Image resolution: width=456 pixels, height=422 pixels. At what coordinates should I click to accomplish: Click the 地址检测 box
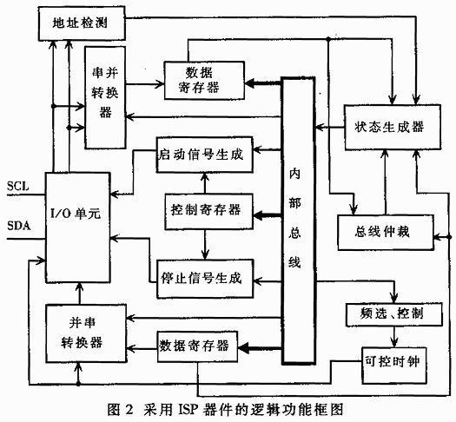(x=82, y=23)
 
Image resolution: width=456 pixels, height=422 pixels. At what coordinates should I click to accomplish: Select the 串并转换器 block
(x=105, y=97)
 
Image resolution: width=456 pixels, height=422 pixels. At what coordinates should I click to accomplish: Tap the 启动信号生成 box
(x=204, y=155)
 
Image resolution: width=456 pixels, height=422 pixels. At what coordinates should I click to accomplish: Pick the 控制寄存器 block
(x=208, y=211)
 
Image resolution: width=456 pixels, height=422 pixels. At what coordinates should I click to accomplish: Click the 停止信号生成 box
(x=205, y=279)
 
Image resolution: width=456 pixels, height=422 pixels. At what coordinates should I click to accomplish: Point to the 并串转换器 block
(x=86, y=333)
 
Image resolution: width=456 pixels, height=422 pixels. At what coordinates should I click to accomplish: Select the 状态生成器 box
(x=393, y=128)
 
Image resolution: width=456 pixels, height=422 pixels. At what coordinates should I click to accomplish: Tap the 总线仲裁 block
(x=386, y=232)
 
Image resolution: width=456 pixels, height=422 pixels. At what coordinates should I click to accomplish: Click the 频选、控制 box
(x=394, y=314)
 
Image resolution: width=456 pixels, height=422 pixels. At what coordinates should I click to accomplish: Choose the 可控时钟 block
(x=394, y=365)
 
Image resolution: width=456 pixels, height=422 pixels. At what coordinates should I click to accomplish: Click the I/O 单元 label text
(x=76, y=214)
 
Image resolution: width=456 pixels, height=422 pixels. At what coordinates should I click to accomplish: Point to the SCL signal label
(x=18, y=186)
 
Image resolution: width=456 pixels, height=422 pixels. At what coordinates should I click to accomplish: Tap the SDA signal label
(x=19, y=226)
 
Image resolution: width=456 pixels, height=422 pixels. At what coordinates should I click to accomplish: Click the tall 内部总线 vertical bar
(x=299, y=221)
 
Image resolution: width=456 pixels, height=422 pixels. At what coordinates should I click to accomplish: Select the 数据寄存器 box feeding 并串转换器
(x=197, y=346)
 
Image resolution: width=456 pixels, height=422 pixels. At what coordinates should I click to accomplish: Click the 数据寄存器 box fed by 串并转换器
(x=204, y=81)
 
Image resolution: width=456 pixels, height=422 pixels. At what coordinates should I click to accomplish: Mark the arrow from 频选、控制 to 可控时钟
(x=394, y=337)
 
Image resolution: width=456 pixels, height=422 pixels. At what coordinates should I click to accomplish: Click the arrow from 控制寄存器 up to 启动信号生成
(x=205, y=183)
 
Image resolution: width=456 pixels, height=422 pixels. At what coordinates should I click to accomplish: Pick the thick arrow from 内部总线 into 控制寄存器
(x=268, y=215)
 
